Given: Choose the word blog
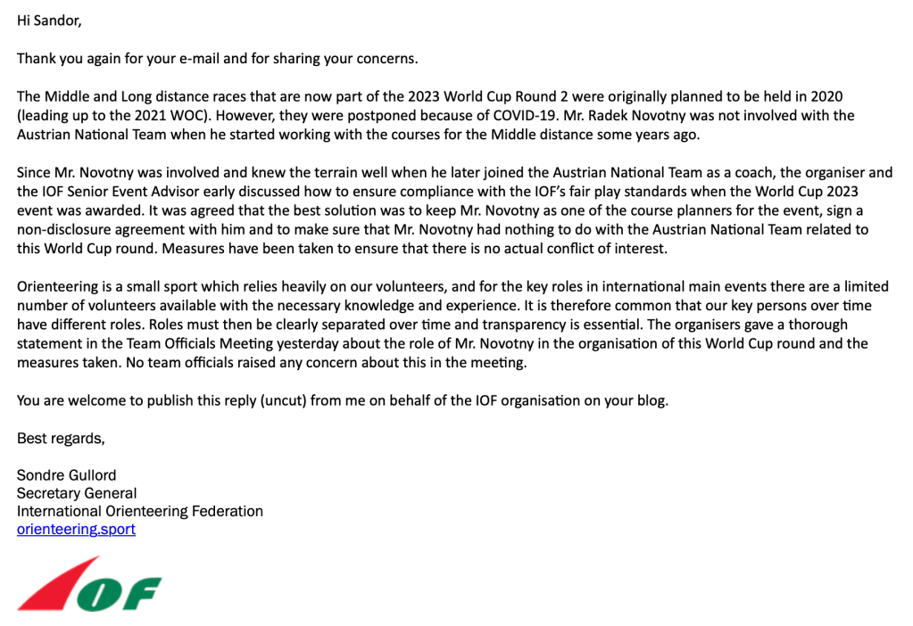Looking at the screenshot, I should [650, 400].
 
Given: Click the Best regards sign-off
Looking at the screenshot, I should [60, 438].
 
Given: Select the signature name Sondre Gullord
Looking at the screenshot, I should [66, 475].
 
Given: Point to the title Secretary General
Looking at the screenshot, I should [77, 493].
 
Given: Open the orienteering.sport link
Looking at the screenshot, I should [76, 530].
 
